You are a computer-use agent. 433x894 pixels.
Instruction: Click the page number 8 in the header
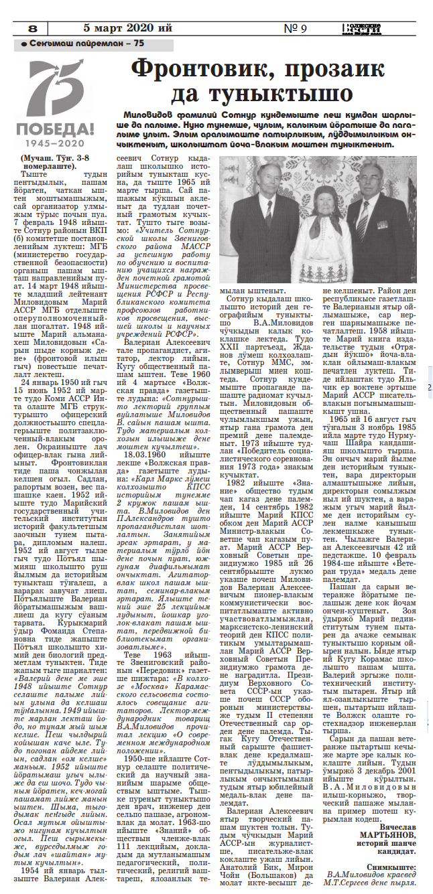(x=33, y=29)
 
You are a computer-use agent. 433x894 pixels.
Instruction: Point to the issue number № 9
(x=296, y=29)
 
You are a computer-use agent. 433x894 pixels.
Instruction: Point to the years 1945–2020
(x=56, y=143)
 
